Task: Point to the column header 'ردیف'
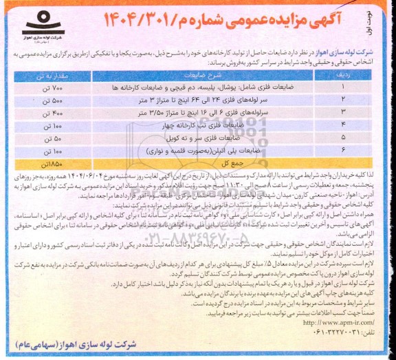[342, 74]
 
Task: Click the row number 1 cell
[342, 88]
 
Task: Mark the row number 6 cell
[342, 151]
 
